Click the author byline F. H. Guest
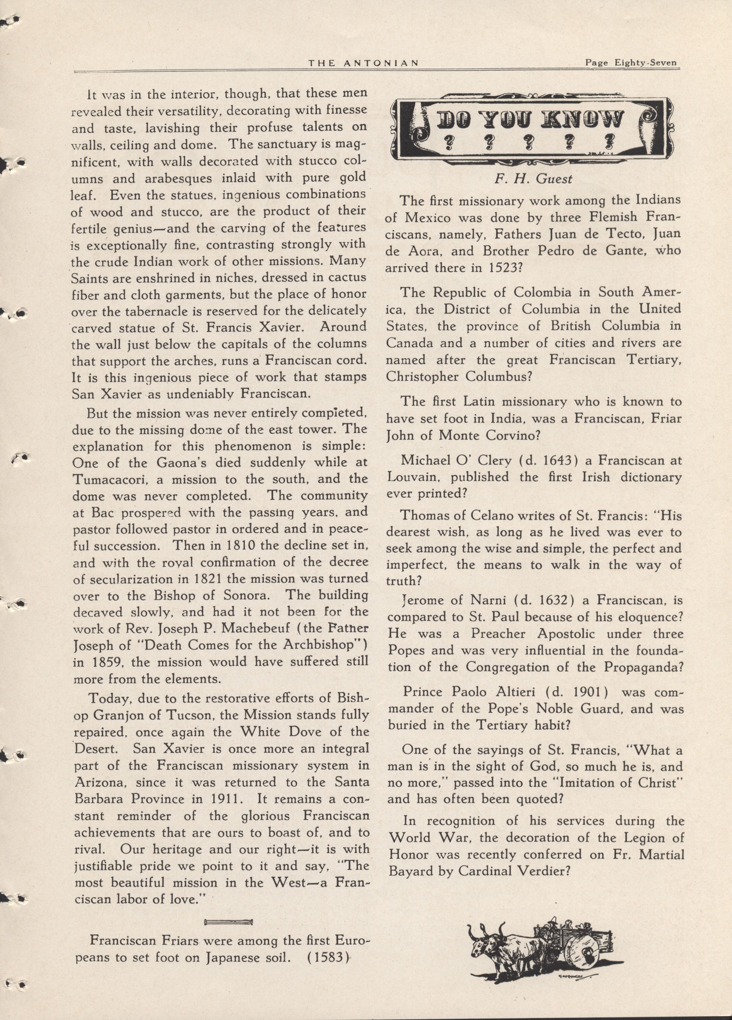pyautogui.click(x=533, y=179)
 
